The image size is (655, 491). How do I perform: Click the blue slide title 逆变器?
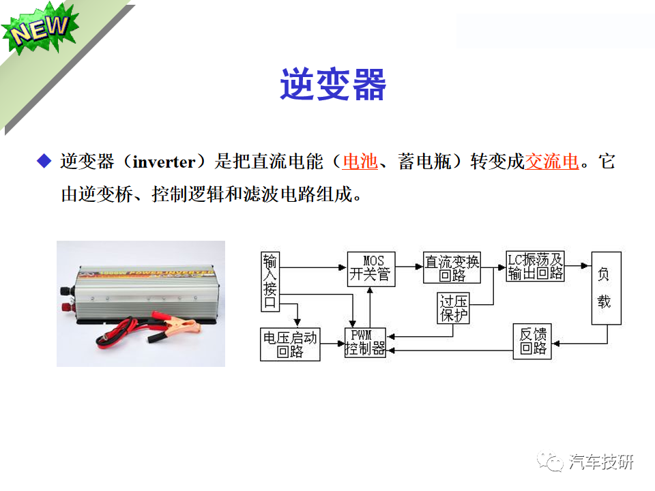point(333,85)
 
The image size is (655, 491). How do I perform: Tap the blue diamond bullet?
point(44,162)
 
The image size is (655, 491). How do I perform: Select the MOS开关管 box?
point(371,268)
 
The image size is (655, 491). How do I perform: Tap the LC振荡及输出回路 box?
point(536,267)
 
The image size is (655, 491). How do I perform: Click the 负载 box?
point(604,288)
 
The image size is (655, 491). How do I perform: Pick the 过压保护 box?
point(453,309)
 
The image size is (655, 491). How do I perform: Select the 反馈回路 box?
point(532,342)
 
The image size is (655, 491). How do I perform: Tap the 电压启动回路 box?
point(290,344)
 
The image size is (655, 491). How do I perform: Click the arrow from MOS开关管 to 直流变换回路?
point(409,266)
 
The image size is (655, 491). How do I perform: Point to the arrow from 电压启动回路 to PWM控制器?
point(332,345)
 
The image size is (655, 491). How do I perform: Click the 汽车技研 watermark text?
point(601,462)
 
